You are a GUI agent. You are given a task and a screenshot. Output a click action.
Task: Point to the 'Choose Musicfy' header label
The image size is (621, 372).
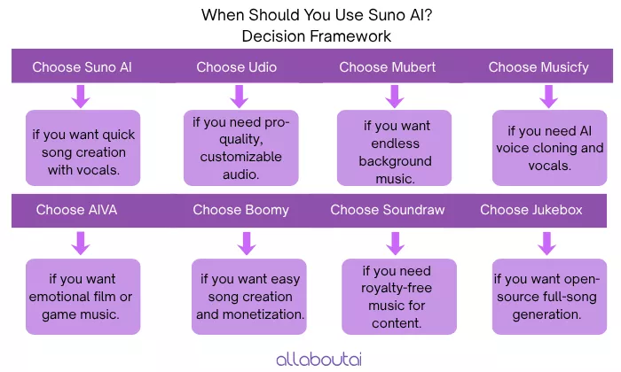[x=538, y=67]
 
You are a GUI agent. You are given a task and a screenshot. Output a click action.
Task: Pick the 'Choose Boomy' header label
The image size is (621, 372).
[x=240, y=211]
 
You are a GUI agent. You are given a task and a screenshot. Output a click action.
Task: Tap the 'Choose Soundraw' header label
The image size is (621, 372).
[x=388, y=211]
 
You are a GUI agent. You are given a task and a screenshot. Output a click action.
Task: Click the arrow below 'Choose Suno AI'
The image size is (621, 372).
[x=82, y=96]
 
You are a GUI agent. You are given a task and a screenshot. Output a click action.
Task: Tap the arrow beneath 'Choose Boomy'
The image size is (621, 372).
[x=248, y=243]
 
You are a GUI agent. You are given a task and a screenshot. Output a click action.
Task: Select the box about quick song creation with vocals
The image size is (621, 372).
[x=83, y=148]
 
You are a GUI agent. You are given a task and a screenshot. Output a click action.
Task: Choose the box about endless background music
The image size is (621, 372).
[x=394, y=148]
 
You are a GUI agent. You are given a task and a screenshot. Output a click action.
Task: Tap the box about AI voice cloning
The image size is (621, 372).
[x=547, y=148]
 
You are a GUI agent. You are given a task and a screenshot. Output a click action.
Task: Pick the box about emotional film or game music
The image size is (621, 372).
[x=83, y=297]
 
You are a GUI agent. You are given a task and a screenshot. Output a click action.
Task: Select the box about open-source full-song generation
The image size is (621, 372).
[x=547, y=297]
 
